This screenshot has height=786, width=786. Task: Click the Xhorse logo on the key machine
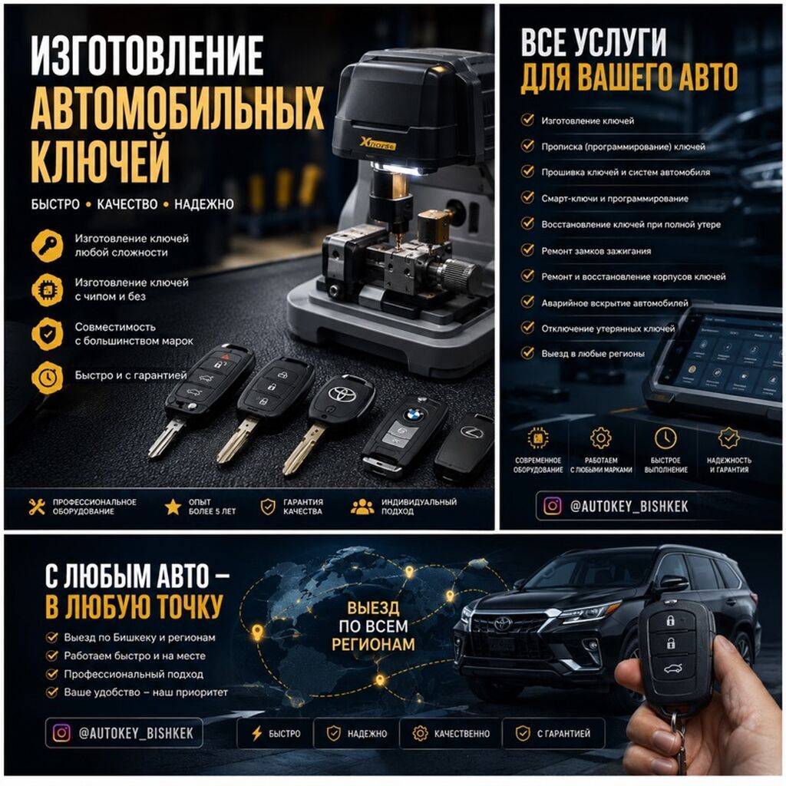click(x=378, y=144)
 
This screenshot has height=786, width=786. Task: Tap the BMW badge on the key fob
click(x=414, y=414)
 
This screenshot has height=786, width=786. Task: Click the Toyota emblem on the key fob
click(x=342, y=393)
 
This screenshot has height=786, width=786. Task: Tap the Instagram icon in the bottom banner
click(x=61, y=733)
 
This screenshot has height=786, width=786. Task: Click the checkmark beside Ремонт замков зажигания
click(x=527, y=249)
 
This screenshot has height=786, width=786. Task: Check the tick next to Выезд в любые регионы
click(x=527, y=352)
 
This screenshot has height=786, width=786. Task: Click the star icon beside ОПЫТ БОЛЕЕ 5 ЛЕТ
click(x=173, y=507)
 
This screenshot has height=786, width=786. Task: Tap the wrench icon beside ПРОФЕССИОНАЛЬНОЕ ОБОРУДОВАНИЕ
click(x=37, y=507)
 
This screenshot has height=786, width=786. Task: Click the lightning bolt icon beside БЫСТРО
click(x=256, y=733)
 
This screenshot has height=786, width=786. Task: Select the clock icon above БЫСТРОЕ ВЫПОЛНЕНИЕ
click(x=665, y=438)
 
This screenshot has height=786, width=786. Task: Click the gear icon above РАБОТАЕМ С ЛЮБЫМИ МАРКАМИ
click(x=600, y=438)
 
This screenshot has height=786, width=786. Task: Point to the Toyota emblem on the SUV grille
click(x=503, y=624)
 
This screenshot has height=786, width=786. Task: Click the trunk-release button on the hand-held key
click(x=669, y=669)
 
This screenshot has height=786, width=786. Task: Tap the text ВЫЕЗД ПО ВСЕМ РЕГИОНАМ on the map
click(x=374, y=626)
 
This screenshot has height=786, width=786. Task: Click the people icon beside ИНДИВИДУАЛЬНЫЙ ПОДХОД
click(x=362, y=507)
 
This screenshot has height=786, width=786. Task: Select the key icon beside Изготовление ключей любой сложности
click(x=48, y=246)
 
